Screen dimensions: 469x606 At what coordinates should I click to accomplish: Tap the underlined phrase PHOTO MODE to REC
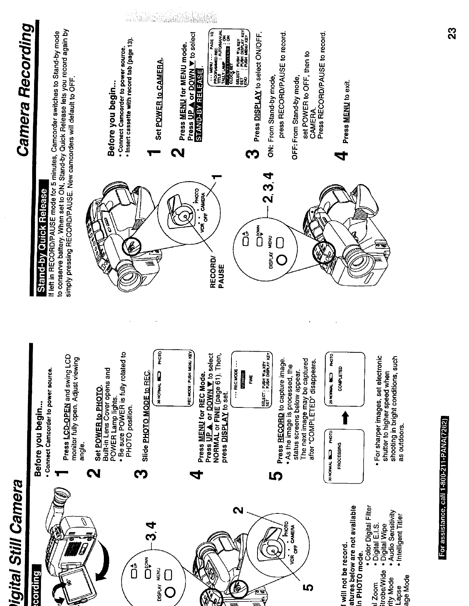point(146,409)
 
